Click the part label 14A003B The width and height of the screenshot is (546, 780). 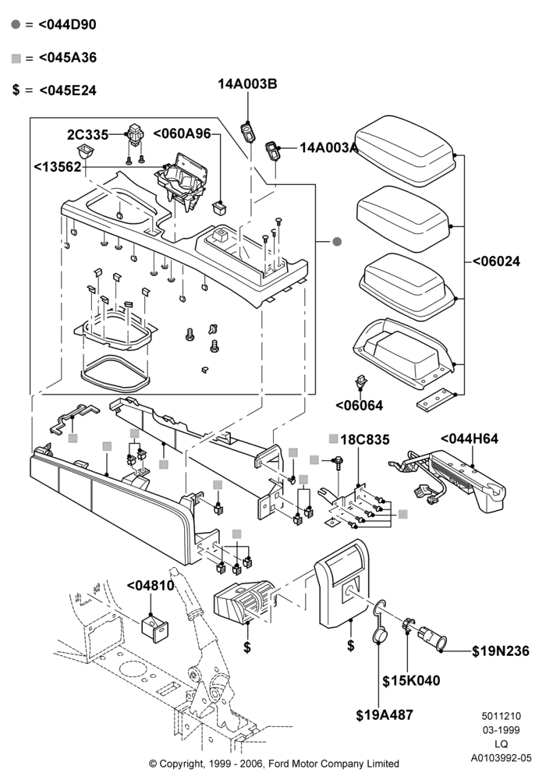click(x=247, y=84)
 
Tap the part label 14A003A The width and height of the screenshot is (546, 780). click(x=328, y=147)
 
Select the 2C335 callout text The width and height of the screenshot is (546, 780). click(x=87, y=135)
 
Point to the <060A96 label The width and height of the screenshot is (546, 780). click(x=182, y=134)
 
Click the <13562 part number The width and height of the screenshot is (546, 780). click(x=57, y=167)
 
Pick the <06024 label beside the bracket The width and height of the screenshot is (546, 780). click(x=496, y=261)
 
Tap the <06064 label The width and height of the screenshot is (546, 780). click(x=359, y=406)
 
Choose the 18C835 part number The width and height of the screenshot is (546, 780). click(x=365, y=440)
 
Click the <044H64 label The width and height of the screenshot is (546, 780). click(x=470, y=438)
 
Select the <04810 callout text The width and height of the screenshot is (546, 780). click(x=151, y=586)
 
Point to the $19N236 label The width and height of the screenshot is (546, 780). click(x=501, y=651)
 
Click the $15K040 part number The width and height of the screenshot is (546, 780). click(x=411, y=680)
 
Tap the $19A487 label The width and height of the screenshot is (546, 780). click(x=385, y=715)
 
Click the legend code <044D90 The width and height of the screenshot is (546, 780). click(x=67, y=24)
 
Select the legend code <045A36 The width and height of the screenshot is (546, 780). click(x=68, y=58)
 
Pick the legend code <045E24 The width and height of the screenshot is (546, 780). click(x=68, y=90)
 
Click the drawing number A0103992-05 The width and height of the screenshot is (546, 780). click(x=502, y=758)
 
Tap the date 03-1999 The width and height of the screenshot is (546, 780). click(x=502, y=730)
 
